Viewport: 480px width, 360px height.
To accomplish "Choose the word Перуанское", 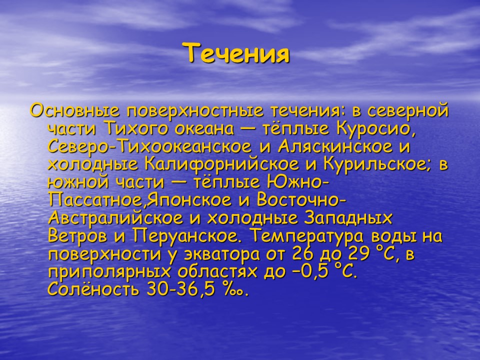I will click(187, 237).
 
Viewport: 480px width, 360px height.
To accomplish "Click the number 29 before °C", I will click(343, 255).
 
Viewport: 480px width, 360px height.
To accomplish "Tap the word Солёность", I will click(93, 290).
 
